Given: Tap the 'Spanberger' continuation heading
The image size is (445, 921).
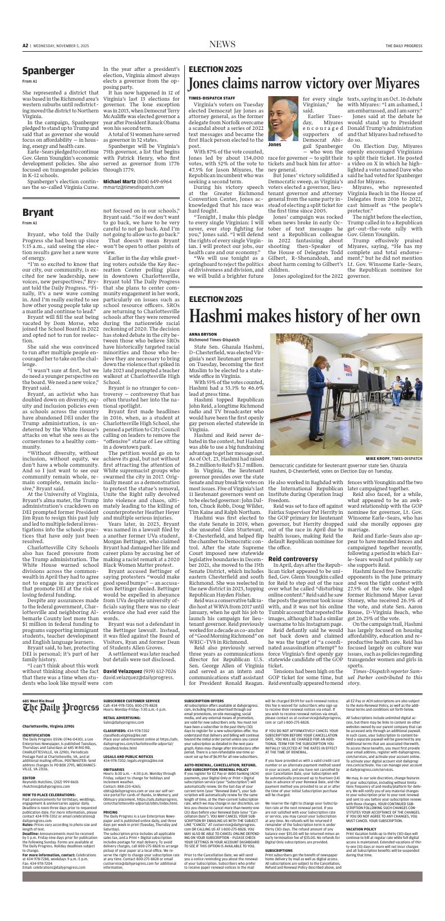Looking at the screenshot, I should pyautogui.click(x=48, y=70).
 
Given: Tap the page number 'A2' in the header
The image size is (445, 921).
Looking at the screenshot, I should pyautogui.click(x=25, y=45).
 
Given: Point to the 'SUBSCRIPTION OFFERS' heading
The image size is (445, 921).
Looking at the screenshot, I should pyautogui.click(x=205, y=700).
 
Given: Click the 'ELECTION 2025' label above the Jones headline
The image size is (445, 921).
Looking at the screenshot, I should pyautogui.click(x=216, y=69).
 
